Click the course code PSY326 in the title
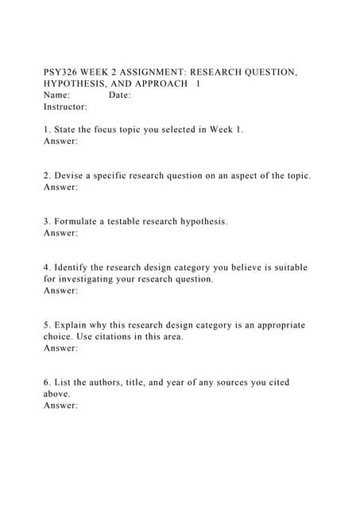click(x=63, y=72)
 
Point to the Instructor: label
click(x=66, y=106)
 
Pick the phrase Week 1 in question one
click(x=225, y=129)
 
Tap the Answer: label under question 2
click(x=61, y=187)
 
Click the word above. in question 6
click(x=58, y=394)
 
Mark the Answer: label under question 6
click(x=61, y=406)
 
